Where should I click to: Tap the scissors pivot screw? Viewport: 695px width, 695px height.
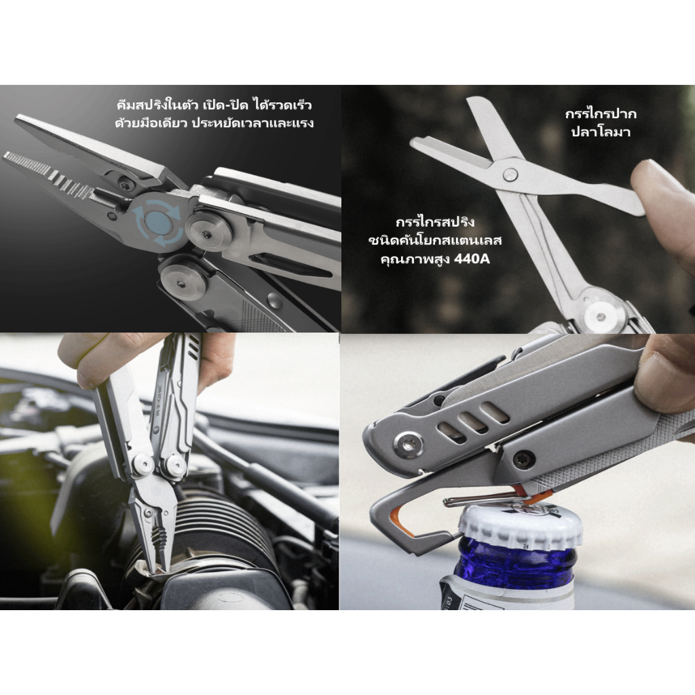pyautogui.click(x=510, y=174)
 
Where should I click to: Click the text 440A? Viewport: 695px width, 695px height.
pyautogui.click(x=472, y=259)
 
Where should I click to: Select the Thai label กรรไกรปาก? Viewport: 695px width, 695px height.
pyautogui.click(x=601, y=114)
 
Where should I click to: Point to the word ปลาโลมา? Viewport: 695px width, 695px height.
pyautogui.click(x=600, y=132)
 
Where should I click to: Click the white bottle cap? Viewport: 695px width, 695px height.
pyautogui.click(x=520, y=526)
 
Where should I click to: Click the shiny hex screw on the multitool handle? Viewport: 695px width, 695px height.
pyautogui.click(x=407, y=444)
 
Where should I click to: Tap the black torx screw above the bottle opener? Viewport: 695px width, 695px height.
pyautogui.click(x=523, y=459)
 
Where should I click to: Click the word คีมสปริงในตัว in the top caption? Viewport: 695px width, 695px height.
pyautogui.click(x=157, y=105)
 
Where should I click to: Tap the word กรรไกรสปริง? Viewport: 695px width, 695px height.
pyautogui.click(x=435, y=222)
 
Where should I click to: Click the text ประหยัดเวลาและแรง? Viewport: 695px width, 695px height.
pyautogui.click(x=252, y=124)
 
